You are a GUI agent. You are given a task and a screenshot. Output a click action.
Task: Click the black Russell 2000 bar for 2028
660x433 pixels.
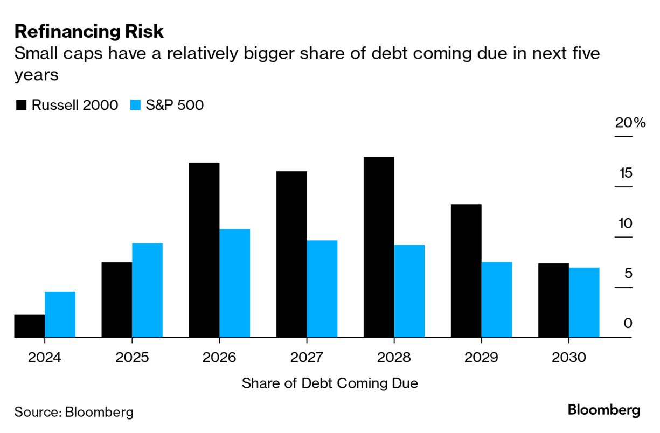tap(378, 247)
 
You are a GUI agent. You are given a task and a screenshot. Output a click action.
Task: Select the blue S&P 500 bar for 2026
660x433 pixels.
tap(234, 283)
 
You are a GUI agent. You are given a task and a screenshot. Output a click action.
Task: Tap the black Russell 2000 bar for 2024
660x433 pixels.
tap(29, 325)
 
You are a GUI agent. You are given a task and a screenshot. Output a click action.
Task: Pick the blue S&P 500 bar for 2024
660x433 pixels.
tap(60, 315)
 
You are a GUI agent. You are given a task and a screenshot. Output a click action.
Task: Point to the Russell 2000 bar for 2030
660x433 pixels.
tap(553, 300)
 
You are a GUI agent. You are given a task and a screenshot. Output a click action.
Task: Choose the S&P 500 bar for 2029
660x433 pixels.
tap(496, 299)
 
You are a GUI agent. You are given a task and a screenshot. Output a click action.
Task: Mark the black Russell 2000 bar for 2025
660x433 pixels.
tap(116, 299)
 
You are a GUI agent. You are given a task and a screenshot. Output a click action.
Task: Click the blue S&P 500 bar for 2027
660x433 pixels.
tap(322, 289)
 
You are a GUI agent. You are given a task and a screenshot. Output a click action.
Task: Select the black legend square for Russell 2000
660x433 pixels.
tap(22, 105)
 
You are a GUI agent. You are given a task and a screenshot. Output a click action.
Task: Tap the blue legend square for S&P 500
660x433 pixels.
tap(136, 105)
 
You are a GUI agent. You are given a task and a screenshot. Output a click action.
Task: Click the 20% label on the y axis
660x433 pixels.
tap(630, 123)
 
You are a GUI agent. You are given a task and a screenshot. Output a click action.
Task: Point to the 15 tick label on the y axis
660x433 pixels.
tap(625, 173)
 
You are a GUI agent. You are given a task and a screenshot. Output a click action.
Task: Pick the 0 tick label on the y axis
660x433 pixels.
tap(628, 323)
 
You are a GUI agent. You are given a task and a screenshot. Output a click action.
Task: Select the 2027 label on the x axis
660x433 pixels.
tap(307, 357)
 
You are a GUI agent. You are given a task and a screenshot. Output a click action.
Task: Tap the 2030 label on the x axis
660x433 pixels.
tap(568, 357)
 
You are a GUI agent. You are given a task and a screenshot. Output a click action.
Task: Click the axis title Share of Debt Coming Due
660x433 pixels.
tap(330, 383)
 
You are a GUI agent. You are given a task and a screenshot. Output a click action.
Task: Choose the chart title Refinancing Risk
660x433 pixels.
tap(89, 31)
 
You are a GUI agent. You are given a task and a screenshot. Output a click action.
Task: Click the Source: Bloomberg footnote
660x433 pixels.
tap(74, 413)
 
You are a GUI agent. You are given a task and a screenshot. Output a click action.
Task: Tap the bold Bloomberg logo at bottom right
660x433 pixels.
tap(604, 410)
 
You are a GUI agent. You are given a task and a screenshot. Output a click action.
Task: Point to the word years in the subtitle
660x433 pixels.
tap(36, 76)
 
